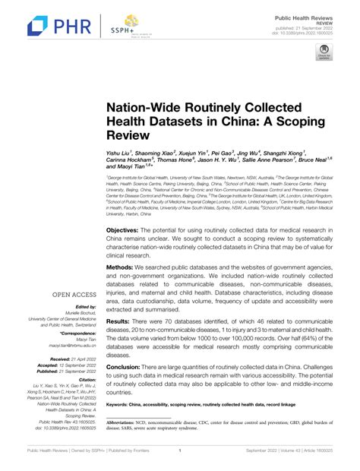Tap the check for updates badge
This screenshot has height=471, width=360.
point(323,53)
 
